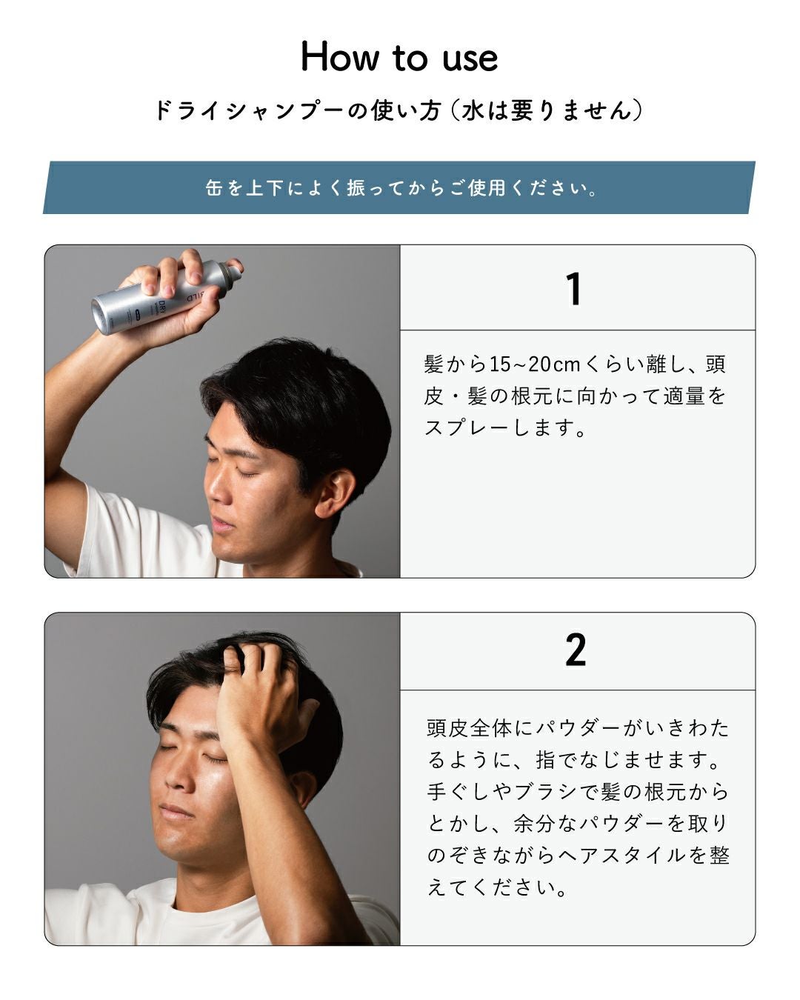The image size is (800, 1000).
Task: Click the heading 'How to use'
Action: pyautogui.click(x=399, y=57)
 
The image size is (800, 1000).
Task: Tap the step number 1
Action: pyautogui.click(x=574, y=289)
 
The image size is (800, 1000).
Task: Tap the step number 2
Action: pyautogui.click(x=576, y=650)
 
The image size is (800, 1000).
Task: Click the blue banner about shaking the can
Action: pyautogui.click(x=399, y=188)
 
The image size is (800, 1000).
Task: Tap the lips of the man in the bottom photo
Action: pyautogui.click(x=176, y=811)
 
